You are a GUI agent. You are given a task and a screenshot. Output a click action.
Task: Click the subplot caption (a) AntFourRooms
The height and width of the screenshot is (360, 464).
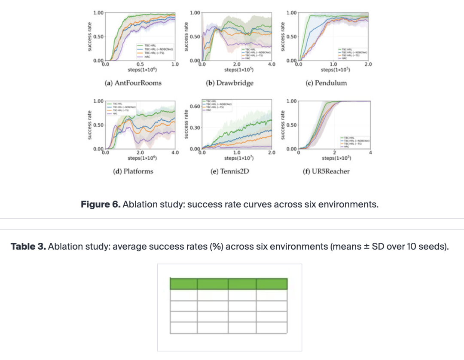click(x=134, y=82)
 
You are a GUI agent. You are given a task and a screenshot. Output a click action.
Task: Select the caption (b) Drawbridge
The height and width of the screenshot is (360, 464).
click(x=230, y=82)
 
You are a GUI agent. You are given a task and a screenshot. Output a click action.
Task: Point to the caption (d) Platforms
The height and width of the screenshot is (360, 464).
click(x=133, y=171)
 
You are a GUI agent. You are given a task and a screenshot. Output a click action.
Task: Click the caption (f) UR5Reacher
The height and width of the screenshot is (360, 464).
click(x=326, y=171)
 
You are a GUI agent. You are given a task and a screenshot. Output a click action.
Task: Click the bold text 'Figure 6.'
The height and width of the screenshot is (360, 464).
click(x=101, y=204)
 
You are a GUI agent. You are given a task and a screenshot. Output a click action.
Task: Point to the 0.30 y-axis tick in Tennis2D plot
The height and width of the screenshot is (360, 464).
click(x=195, y=128)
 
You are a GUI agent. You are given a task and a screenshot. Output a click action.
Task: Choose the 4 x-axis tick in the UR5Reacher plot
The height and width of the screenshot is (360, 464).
click(x=369, y=153)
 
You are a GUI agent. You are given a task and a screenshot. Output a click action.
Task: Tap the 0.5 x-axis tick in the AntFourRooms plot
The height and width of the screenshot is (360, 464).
click(x=140, y=64)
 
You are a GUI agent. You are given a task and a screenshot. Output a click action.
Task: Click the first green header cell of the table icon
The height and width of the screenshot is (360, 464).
click(x=184, y=284)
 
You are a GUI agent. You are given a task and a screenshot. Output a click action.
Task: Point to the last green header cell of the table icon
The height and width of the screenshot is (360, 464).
click(x=272, y=284)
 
